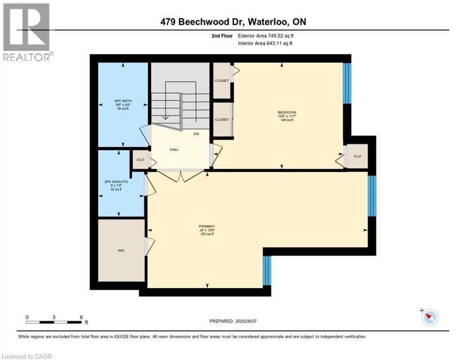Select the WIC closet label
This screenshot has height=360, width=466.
(x=121, y=251)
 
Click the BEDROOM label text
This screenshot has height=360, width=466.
(x=286, y=112)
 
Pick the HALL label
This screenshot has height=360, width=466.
(x=174, y=150)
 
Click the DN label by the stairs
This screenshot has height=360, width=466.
(x=197, y=134)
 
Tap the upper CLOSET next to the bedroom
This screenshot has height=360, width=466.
(x=222, y=81)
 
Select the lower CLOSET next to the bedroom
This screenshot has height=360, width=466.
(x=222, y=120)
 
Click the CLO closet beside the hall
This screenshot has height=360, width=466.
(x=140, y=160)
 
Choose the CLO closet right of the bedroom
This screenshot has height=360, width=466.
(x=357, y=157)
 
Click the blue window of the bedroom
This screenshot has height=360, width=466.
(x=347, y=83)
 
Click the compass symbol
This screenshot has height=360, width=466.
(x=429, y=317)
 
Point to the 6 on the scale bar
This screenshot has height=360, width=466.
(x=82, y=317)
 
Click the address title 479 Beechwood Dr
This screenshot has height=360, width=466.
(x=233, y=22)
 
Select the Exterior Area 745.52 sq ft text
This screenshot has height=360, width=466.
(x=266, y=36)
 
